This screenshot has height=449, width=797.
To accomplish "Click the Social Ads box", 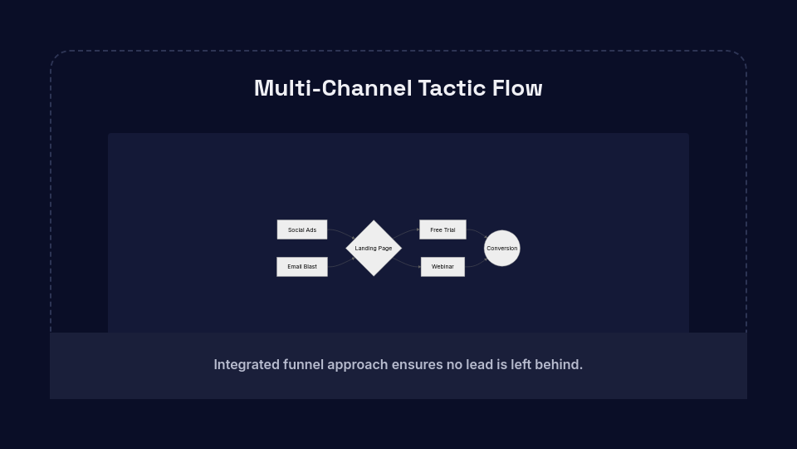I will [302, 229].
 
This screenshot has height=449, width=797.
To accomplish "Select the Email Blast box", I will [302, 267].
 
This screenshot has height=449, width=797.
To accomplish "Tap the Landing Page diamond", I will [374, 248].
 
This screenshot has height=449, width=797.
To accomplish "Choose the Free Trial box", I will [443, 229].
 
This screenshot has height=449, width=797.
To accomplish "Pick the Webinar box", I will [443, 267].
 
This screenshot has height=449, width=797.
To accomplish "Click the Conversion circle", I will [502, 248].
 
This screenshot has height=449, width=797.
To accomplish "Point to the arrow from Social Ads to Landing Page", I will [341, 233].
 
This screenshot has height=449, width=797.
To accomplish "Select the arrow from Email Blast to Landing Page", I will [341, 262].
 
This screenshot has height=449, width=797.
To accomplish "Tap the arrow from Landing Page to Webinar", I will [406, 263].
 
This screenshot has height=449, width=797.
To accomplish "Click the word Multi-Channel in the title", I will [333, 88].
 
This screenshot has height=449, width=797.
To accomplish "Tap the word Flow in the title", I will [517, 88].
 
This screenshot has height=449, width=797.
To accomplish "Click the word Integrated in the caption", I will [247, 364].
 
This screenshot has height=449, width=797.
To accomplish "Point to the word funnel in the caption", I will [303, 364].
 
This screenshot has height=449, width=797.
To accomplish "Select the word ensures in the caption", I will [417, 364].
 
